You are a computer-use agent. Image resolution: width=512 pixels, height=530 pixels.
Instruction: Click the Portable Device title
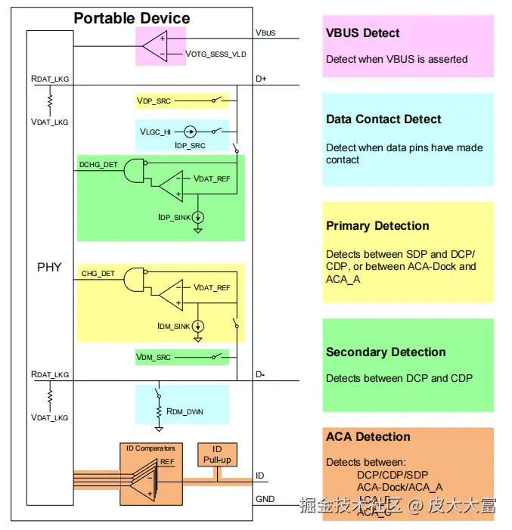[x=132, y=18]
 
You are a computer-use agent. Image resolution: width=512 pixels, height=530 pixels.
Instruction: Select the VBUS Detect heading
[x=363, y=33]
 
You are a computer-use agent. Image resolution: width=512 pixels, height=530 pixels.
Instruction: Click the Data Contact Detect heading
[x=383, y=119]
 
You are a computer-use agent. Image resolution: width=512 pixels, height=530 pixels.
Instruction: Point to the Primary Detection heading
[x=377, y=225]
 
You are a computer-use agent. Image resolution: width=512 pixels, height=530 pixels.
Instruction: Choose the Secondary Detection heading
[x=386, y=352]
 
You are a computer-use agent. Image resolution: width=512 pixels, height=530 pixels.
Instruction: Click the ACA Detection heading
[x=368, y=436]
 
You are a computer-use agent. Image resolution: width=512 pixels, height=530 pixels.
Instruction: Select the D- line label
[x=260, y=374]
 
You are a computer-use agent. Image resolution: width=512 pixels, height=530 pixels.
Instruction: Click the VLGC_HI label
[x=155, y=132]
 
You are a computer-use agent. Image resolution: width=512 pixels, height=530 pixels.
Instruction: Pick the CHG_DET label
[x=98, y=273]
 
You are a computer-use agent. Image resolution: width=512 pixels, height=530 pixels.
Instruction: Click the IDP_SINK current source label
[x=174, y=217]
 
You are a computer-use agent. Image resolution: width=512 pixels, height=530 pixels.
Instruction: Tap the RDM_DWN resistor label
[x=185, y=411]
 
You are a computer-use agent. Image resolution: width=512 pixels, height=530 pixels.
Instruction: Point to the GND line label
[x=265, y=499]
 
